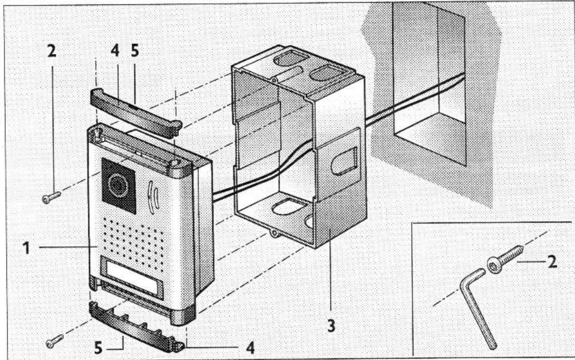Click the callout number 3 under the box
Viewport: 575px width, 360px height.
331,326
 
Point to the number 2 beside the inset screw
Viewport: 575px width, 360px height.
551,261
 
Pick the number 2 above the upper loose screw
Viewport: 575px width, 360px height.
52,52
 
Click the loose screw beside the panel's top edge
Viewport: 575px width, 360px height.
51,196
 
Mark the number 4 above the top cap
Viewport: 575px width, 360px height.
114,51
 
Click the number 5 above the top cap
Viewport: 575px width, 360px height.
135,51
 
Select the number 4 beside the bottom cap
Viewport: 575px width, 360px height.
251,347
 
